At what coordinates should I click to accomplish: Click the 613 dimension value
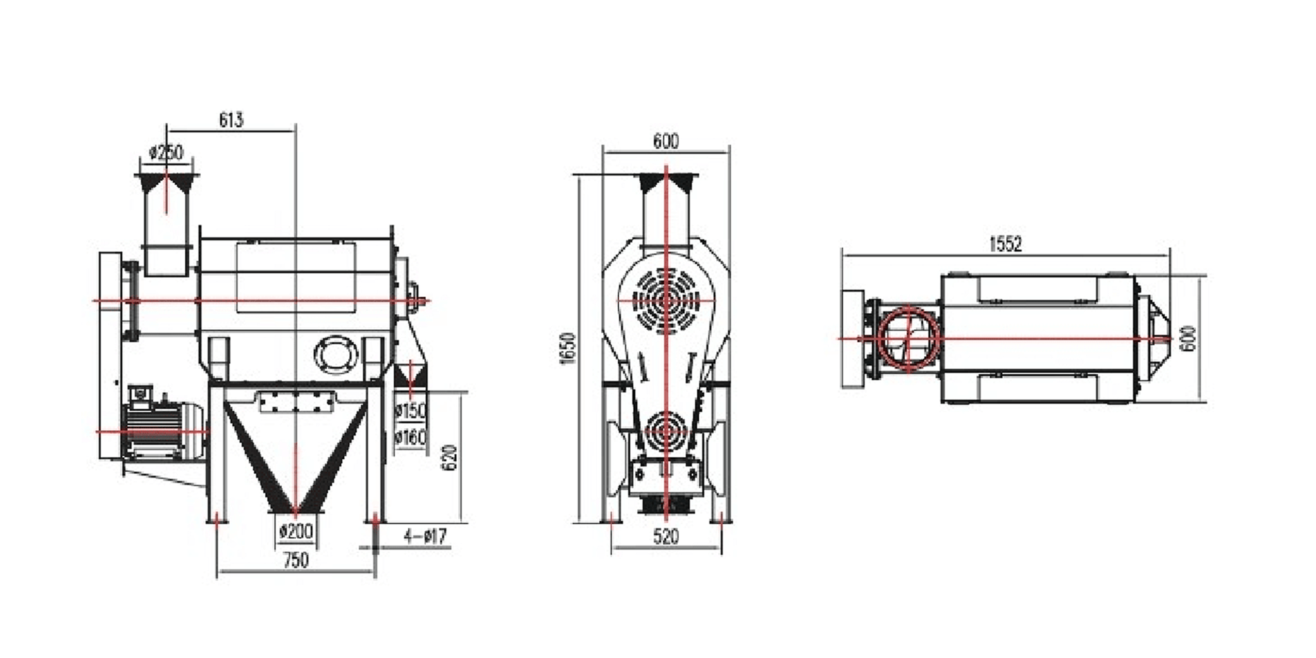231,120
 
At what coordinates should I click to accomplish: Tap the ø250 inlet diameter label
166,153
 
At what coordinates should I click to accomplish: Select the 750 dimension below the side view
296,560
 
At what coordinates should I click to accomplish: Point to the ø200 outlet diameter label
296,532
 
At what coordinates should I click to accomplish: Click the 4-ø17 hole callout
426,537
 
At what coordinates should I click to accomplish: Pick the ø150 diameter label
410,411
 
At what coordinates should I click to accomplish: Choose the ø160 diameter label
410,438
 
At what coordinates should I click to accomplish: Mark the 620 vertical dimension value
450,457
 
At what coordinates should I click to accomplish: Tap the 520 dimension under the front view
666,537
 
